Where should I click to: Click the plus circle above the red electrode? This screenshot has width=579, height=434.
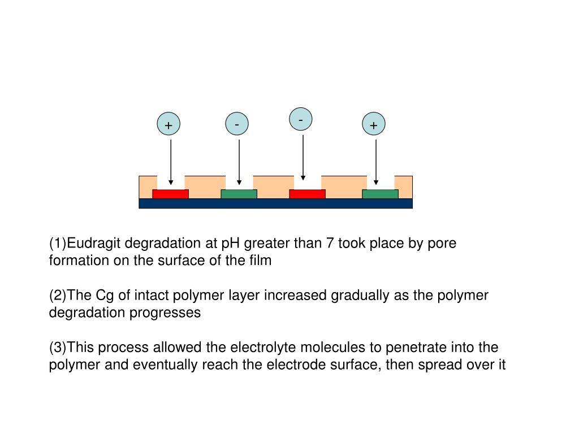pyautogui.click(x=168, y=125)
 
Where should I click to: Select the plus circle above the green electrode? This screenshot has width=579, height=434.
pyautogui.click(x=373, y=125)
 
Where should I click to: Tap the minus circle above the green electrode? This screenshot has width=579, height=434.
pyautogui.click(x=237, y=124)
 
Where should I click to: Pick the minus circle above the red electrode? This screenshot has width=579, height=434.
pyautogui.click(x=301, y=119)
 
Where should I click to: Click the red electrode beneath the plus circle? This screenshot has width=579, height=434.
pyautogui.click(x=170, y=194)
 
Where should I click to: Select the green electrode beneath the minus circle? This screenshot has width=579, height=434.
pyautogui.click(x=239, y=194)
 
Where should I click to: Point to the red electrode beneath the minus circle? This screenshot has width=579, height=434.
pyautogui.click(x=307, y=194)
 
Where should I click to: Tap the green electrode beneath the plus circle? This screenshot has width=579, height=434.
pyautogui.click(x=380, y=194)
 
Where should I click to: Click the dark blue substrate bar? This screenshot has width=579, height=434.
pyautogui.click(x=275, y=203)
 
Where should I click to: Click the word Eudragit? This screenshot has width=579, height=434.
pyautogui.click(x=93, y=244)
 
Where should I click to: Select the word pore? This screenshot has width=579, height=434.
pyautogui.click(x=442, y=244)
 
